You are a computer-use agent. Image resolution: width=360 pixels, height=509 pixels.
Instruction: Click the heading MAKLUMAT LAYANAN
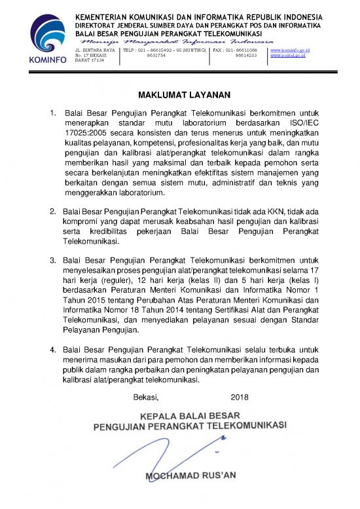[180, 94]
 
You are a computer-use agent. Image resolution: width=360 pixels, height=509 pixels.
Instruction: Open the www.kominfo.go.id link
[289, 50]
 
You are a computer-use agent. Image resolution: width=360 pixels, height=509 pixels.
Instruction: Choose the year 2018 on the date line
[241, 397]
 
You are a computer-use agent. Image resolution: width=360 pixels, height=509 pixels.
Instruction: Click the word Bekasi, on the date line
[146, 397]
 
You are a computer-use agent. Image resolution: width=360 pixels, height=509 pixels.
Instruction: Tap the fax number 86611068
[245, 50]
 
